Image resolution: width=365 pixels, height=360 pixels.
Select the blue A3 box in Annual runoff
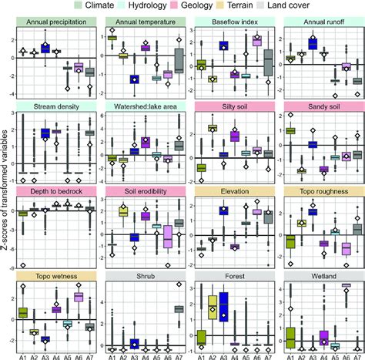coord(313,44)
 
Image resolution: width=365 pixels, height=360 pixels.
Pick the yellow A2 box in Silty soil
coord(212,127)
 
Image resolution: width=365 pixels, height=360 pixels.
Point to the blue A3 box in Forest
coord(223,305)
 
